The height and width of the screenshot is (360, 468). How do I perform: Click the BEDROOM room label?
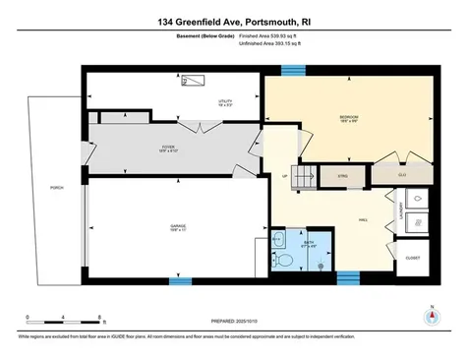(348, 117)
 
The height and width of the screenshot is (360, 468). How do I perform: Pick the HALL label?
(363, 219)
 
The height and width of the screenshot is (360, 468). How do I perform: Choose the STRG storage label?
(343, 177)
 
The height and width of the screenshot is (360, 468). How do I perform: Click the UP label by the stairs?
(285, 178)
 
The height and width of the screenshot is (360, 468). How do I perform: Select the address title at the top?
(234, 20)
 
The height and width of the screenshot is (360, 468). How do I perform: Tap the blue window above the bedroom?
(291, 69)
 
